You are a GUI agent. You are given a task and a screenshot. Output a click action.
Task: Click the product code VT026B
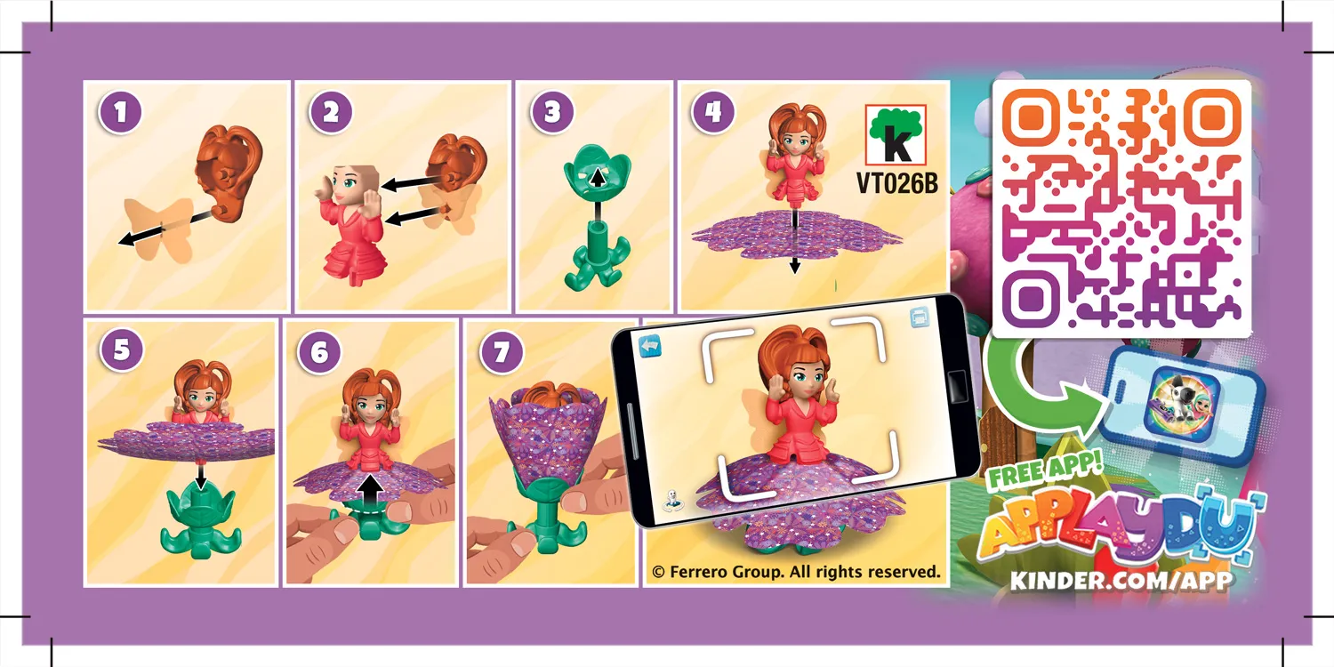[896, 182]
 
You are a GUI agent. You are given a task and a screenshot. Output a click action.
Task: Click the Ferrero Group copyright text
[796, 572]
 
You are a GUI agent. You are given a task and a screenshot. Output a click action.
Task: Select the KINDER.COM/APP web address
[1121, 581]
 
